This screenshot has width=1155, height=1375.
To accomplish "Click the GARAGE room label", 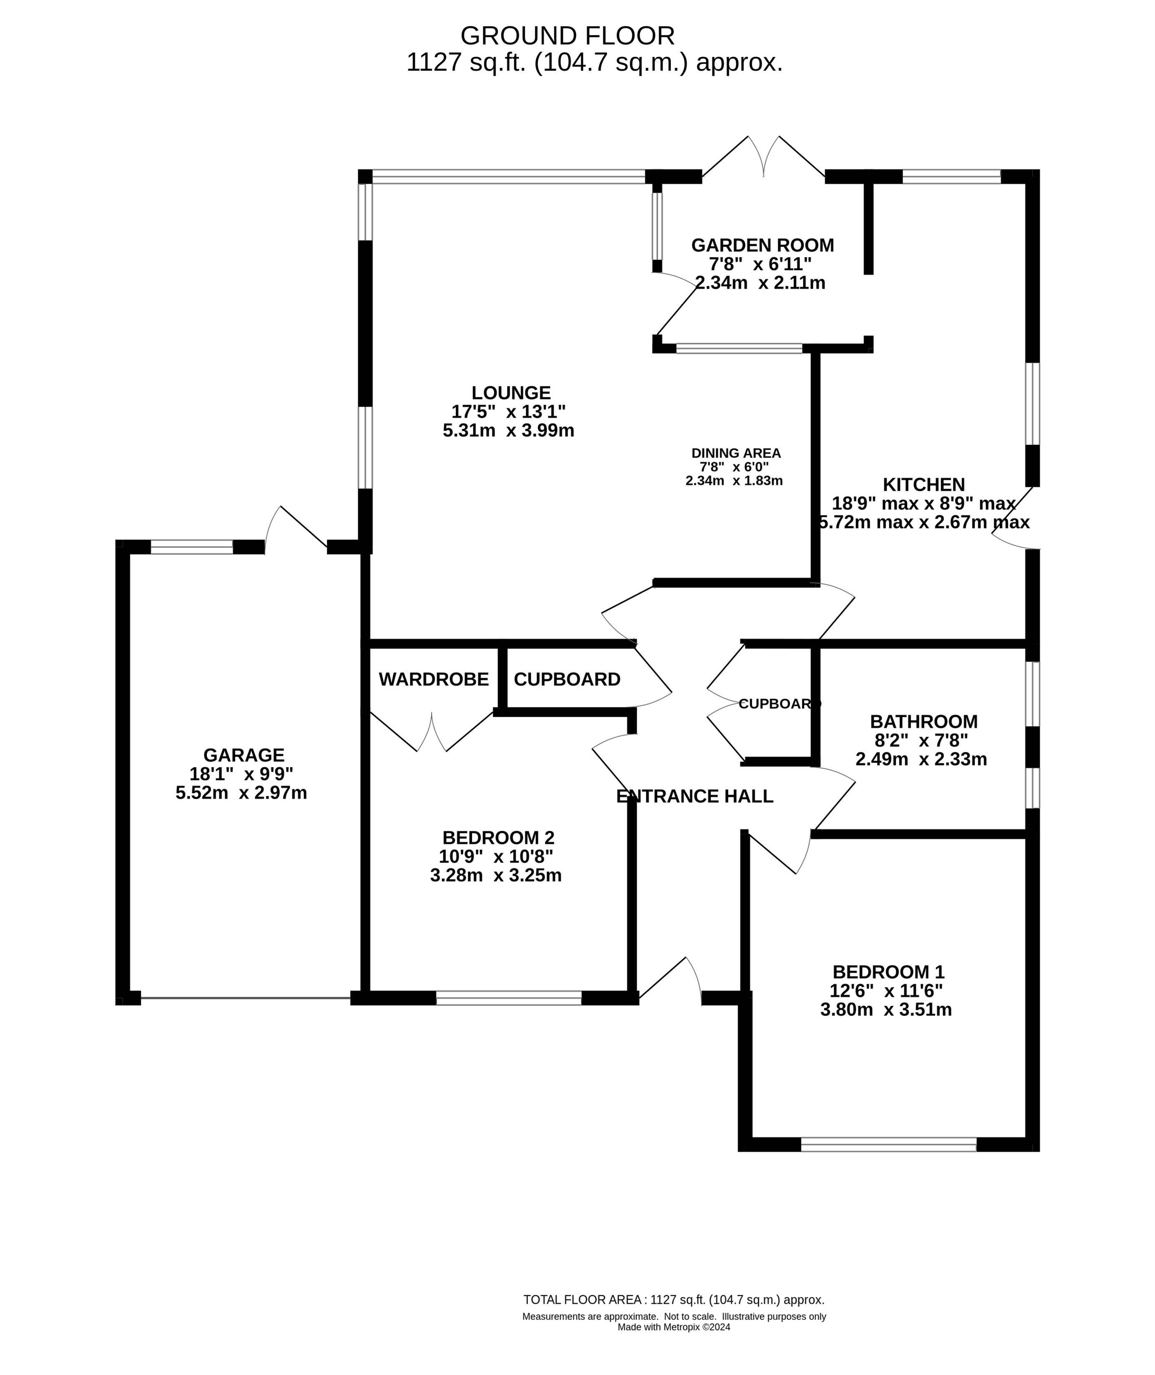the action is click(x=244, y=755).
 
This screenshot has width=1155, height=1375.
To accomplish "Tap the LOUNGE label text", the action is click(x=511, y=393).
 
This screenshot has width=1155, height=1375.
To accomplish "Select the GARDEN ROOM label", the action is click(x=763, y=245).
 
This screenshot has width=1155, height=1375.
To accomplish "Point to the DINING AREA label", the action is click(x=736, y=453).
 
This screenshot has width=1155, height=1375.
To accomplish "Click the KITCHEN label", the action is click(x=924, y=485).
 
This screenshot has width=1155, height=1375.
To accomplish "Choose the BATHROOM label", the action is click(x=924, y=722).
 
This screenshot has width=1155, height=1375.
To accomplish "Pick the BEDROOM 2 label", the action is click(x=499, y=837).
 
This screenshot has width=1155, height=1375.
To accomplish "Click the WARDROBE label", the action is click(x=434, y=680).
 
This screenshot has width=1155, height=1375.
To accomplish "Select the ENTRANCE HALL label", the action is click(x=695, y=796).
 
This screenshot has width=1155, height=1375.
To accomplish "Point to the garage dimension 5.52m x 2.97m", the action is click(x=241, y=793).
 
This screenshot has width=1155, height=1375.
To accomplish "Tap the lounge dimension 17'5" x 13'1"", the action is click(x=508, y=412).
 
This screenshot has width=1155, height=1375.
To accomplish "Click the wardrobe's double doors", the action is click(x=432, y=732).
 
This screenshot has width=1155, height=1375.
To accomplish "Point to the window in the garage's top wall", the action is click(x=192, y=547).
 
